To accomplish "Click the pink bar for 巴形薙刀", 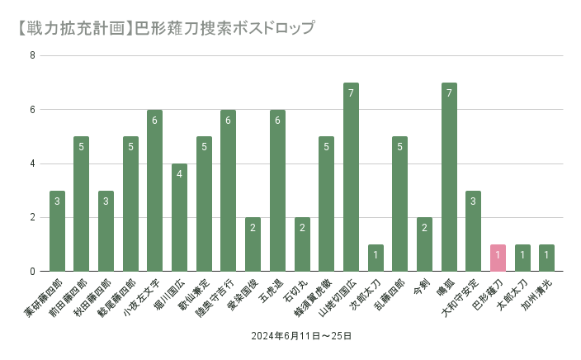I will (x=498, y=258).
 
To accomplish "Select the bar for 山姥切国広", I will (x=351, y=177).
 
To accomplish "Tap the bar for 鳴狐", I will (x=449, y=177).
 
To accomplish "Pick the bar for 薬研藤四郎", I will (x=57, y=231).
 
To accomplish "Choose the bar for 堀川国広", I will (x=179, y=217).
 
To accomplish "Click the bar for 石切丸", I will (x=302, y=244).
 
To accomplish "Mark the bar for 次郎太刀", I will (x=376, y=258).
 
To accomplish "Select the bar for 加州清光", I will (x=546, y=258).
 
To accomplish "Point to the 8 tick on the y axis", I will (x=32, y=56).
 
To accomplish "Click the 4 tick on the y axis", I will (x=32, y=163).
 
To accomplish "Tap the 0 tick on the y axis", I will (x=32, y=272).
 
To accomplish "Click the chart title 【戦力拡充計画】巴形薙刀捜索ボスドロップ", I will (x=164, y=27).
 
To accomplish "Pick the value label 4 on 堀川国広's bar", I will (x=179, y=174).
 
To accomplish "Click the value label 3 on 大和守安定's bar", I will (x=473, y=201).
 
